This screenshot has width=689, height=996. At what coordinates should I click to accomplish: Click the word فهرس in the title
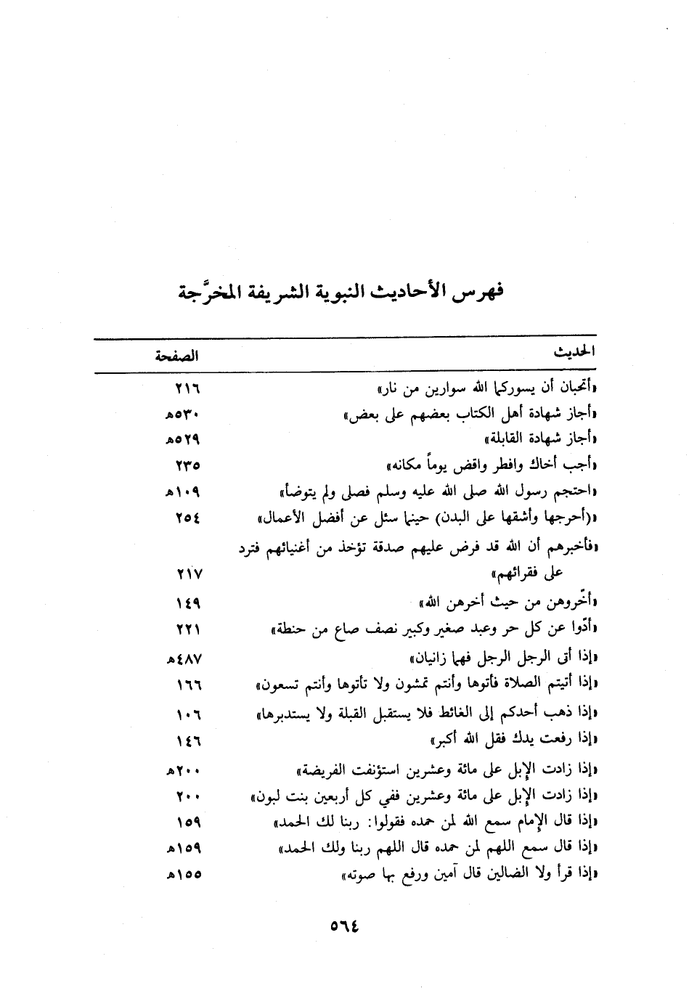(x=478, y=293)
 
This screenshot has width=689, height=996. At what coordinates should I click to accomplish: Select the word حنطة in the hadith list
(x=290, y=629)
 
